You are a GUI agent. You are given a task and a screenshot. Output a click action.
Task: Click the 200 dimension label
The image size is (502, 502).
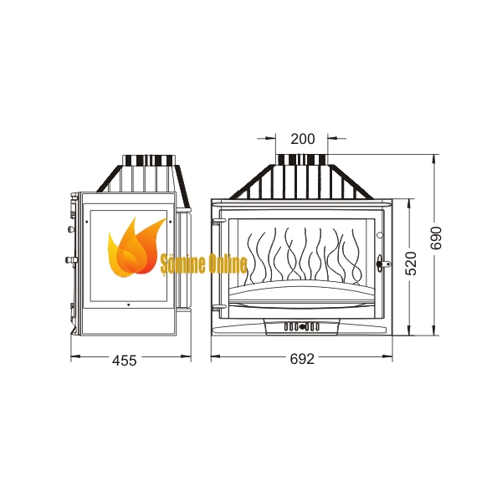[x=303, y=139]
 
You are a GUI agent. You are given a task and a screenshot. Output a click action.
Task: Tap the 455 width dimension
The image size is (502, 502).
[x=124, y=361]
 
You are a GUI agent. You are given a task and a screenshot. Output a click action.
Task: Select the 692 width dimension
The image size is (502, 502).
[x=302, y=359]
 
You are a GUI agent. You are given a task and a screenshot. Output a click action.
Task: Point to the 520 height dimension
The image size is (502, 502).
[x=411, y=264]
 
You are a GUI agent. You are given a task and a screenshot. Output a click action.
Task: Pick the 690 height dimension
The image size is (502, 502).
[x=436, y=238]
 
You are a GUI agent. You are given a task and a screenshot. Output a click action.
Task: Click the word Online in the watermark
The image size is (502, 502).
[x=228, y=264]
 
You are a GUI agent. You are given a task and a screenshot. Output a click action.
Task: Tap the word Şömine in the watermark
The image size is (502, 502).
[x=182, y=265]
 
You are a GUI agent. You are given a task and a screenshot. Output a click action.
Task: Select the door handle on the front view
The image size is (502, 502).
[x=383, y=264]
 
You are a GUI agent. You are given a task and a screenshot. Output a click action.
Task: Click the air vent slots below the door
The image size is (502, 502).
[x=301, y=327]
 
